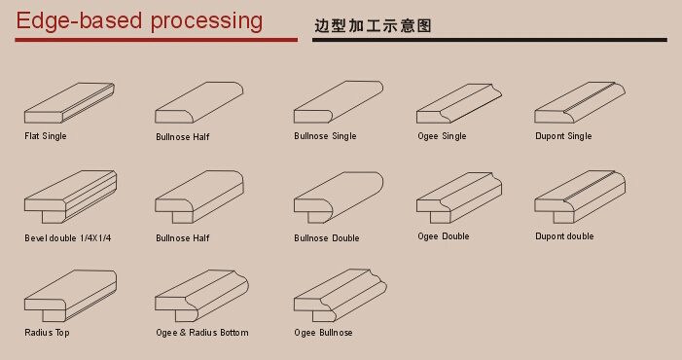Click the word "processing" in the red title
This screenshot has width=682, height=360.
tap(206, 21)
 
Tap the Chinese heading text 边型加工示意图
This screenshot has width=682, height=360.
tap(373, 25)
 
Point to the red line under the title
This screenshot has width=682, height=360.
tap(156, 40)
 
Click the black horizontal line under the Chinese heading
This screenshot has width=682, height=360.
tap(489, 40)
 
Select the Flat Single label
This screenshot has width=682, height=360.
tap(45, 136)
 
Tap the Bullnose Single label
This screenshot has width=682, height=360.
tap(325, 136)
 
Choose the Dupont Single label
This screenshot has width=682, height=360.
tap(563, 136)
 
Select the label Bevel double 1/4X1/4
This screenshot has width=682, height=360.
tap(67, 238)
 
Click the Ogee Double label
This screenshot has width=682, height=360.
tap(444, 236)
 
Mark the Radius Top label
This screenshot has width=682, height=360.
tap(47, 333)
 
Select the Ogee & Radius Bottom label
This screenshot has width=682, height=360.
tap(202, 333)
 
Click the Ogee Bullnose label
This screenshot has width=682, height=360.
tap(323, 333)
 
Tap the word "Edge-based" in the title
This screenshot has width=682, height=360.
tap(79, 21)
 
